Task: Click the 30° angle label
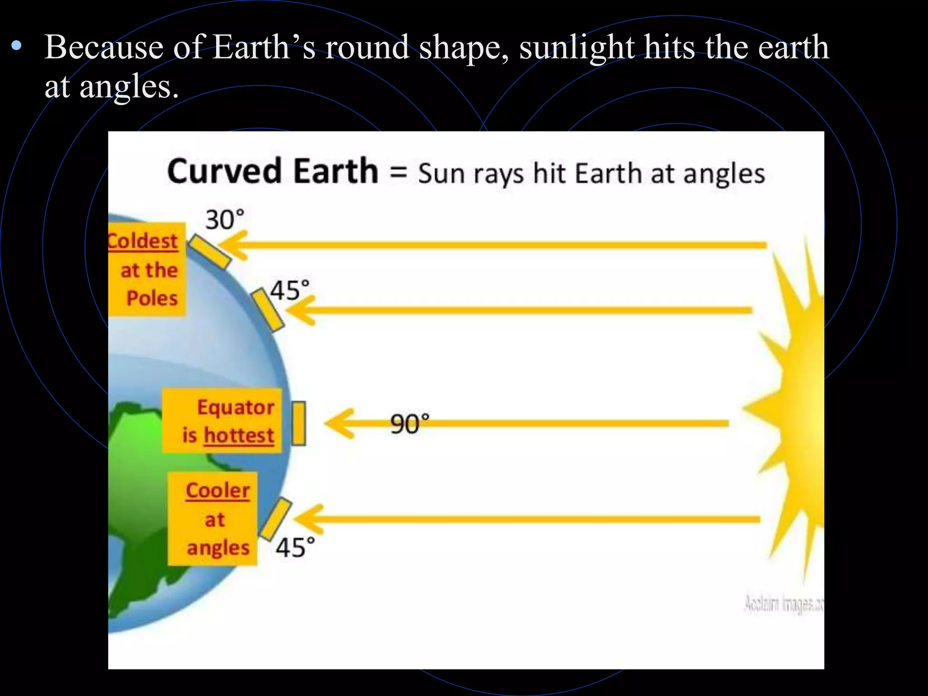pyautogui.click(x=225, y=220)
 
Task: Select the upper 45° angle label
pyautogui.click(x=290, y=290)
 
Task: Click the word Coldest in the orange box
pyautogui.click(x=143, y=241)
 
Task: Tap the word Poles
pyautogui.click(x=152, y=298)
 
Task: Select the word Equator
pyautogui.click(x=236, y=407)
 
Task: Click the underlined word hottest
pyautogui.click(x=239, y=435)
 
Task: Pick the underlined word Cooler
pyautogui.click(x=217, y=490)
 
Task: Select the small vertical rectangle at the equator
pyautogui.click(x=299, y=423)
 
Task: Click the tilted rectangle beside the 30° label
pyautogui.click(x=209, y=252)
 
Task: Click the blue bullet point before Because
pyautogui.click(x=17, y=45)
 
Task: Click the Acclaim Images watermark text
pyautogui.click(x=783, y=605)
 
